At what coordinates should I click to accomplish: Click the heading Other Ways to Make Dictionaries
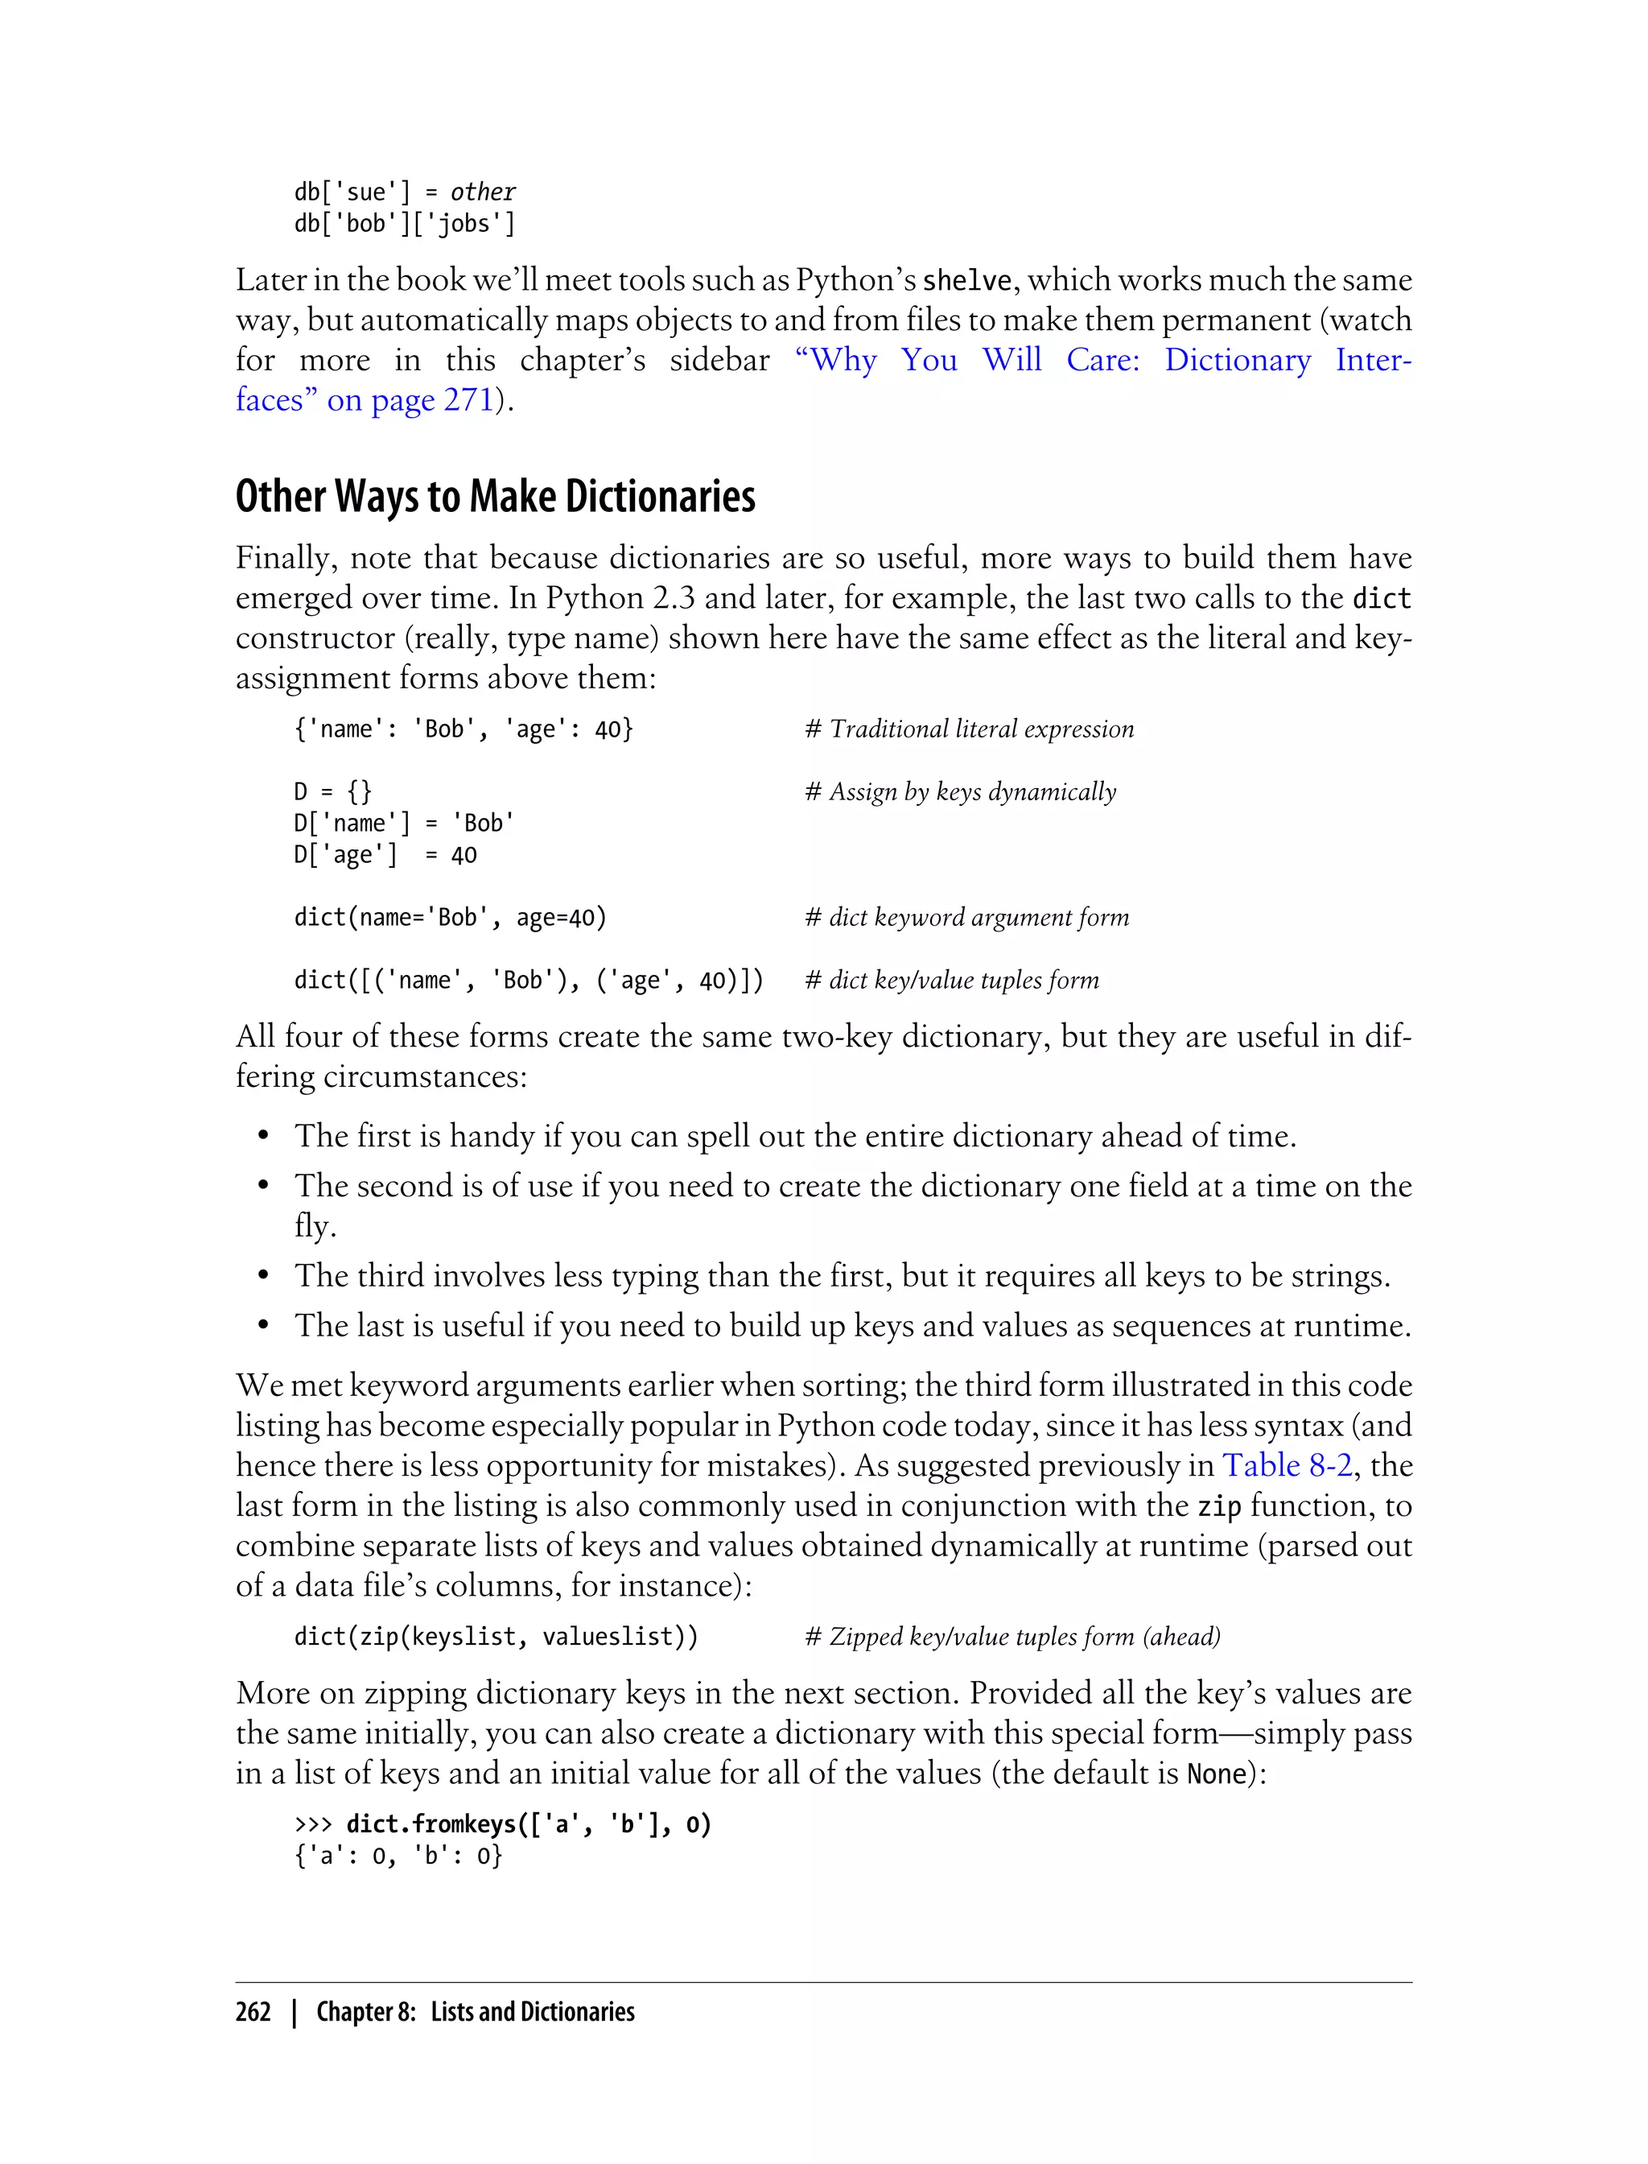click(x=496, y=497)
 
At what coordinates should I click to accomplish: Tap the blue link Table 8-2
click(x=1287, y=1465)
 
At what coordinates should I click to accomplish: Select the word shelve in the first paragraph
click(x=966, y=281)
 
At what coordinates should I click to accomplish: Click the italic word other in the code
click(x=483, y=192)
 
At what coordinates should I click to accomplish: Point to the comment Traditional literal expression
click(x=969, y=729)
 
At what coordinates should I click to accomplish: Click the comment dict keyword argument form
click(x=966, y=918)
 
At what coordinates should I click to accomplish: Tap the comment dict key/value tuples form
click(x=951, y=981)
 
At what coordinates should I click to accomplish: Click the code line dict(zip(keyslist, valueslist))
click(x=496, y=1637)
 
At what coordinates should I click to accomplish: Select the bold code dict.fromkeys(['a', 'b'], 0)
click(x=528, y=1824)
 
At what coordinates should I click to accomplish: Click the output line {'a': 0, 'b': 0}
click(x=398, y=1856)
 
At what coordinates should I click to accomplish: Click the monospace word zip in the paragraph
click(x=1219, y=1506)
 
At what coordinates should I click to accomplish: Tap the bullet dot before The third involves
click(x=263, y=1277)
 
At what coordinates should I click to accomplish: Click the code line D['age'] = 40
click(x=385, y=855)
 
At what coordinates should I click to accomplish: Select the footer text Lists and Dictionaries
click(x=533, y=2012)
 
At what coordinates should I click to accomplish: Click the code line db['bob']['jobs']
click(x=404, y=224)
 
